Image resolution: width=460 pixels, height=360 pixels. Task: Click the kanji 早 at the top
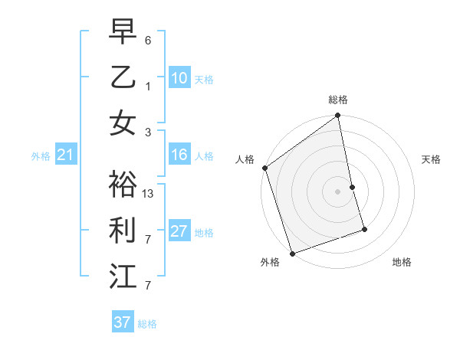coord(123,32)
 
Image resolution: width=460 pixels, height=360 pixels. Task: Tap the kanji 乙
coord(123,77)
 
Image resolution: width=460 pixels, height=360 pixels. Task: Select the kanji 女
coord(123,123)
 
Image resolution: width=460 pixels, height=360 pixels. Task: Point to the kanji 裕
coord(123,185)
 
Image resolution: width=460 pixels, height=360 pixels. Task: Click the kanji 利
coord(123,231)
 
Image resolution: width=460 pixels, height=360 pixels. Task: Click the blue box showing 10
coord(179,78)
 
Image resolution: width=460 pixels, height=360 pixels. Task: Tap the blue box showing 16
coord(179,155)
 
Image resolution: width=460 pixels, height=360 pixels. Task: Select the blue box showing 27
coord(179,231)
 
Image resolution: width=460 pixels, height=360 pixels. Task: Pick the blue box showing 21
coord(66,155)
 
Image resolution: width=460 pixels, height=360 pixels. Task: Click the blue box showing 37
coord(123,322)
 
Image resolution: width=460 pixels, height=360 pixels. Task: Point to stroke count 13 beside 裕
coord(149,193)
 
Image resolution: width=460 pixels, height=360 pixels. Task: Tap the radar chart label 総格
coord(338,100)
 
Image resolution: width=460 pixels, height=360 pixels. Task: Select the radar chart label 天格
coord(432,159)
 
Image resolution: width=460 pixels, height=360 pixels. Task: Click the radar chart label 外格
coord(270,262)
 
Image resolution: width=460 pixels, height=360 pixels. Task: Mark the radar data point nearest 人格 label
coord(264,168)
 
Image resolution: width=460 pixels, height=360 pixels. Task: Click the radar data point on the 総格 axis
coord(338,116)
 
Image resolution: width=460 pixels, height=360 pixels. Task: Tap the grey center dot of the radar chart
coord(338,191)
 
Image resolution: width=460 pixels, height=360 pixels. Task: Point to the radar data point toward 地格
coord(364,229)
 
